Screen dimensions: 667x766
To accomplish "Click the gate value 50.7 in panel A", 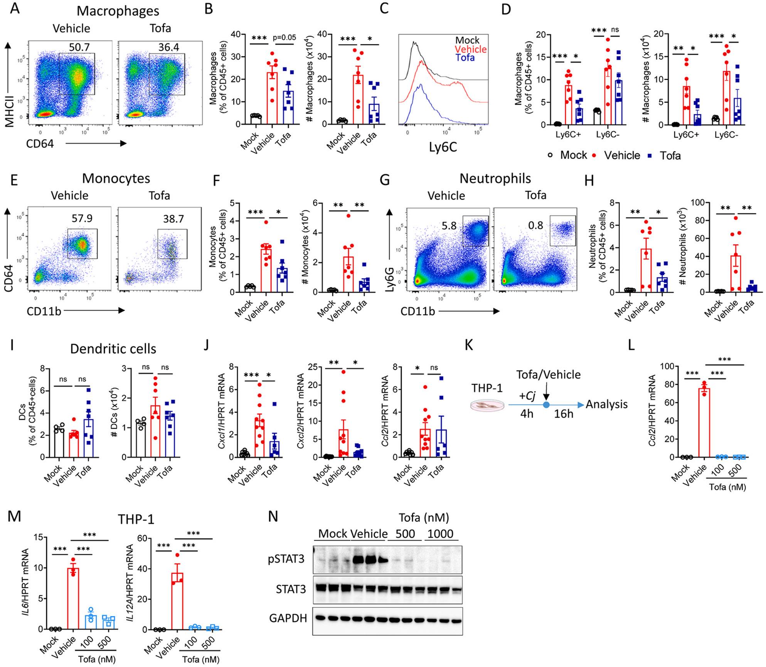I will (79, 47).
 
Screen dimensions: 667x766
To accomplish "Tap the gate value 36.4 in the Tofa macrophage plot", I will (168, 47).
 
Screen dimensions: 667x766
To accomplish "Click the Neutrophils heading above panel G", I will (495, 178).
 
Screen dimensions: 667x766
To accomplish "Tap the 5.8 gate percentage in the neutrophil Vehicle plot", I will (449, 225).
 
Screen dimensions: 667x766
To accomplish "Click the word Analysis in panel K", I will (606, 404).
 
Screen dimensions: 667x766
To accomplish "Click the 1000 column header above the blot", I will (442, 534).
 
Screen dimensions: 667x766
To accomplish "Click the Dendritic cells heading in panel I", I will (113, 349).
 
